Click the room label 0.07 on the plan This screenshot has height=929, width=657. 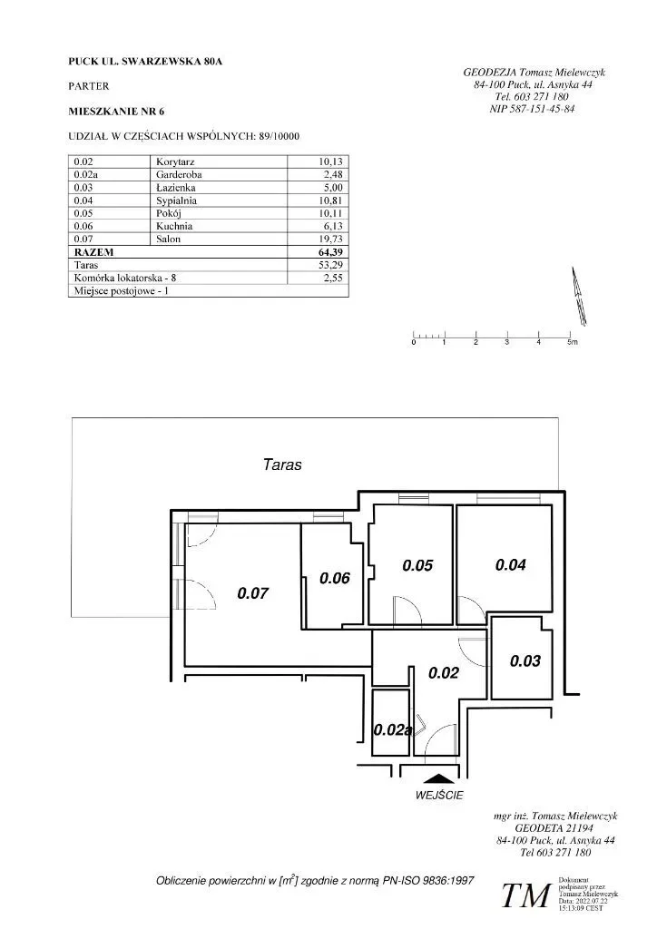click(252, 593)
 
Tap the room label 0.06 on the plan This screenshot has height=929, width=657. click(335, 578)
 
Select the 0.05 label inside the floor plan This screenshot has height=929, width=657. click(417, 565)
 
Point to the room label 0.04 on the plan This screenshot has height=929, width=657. click(511, 564)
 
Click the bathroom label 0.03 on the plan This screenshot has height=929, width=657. click(525, 661)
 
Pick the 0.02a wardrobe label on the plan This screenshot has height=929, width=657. click(393, 729)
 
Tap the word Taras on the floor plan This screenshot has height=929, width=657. click(282, 464)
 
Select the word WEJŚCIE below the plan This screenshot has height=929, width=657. click(439, 796)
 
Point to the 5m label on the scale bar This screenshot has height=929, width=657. click(572, 343)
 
